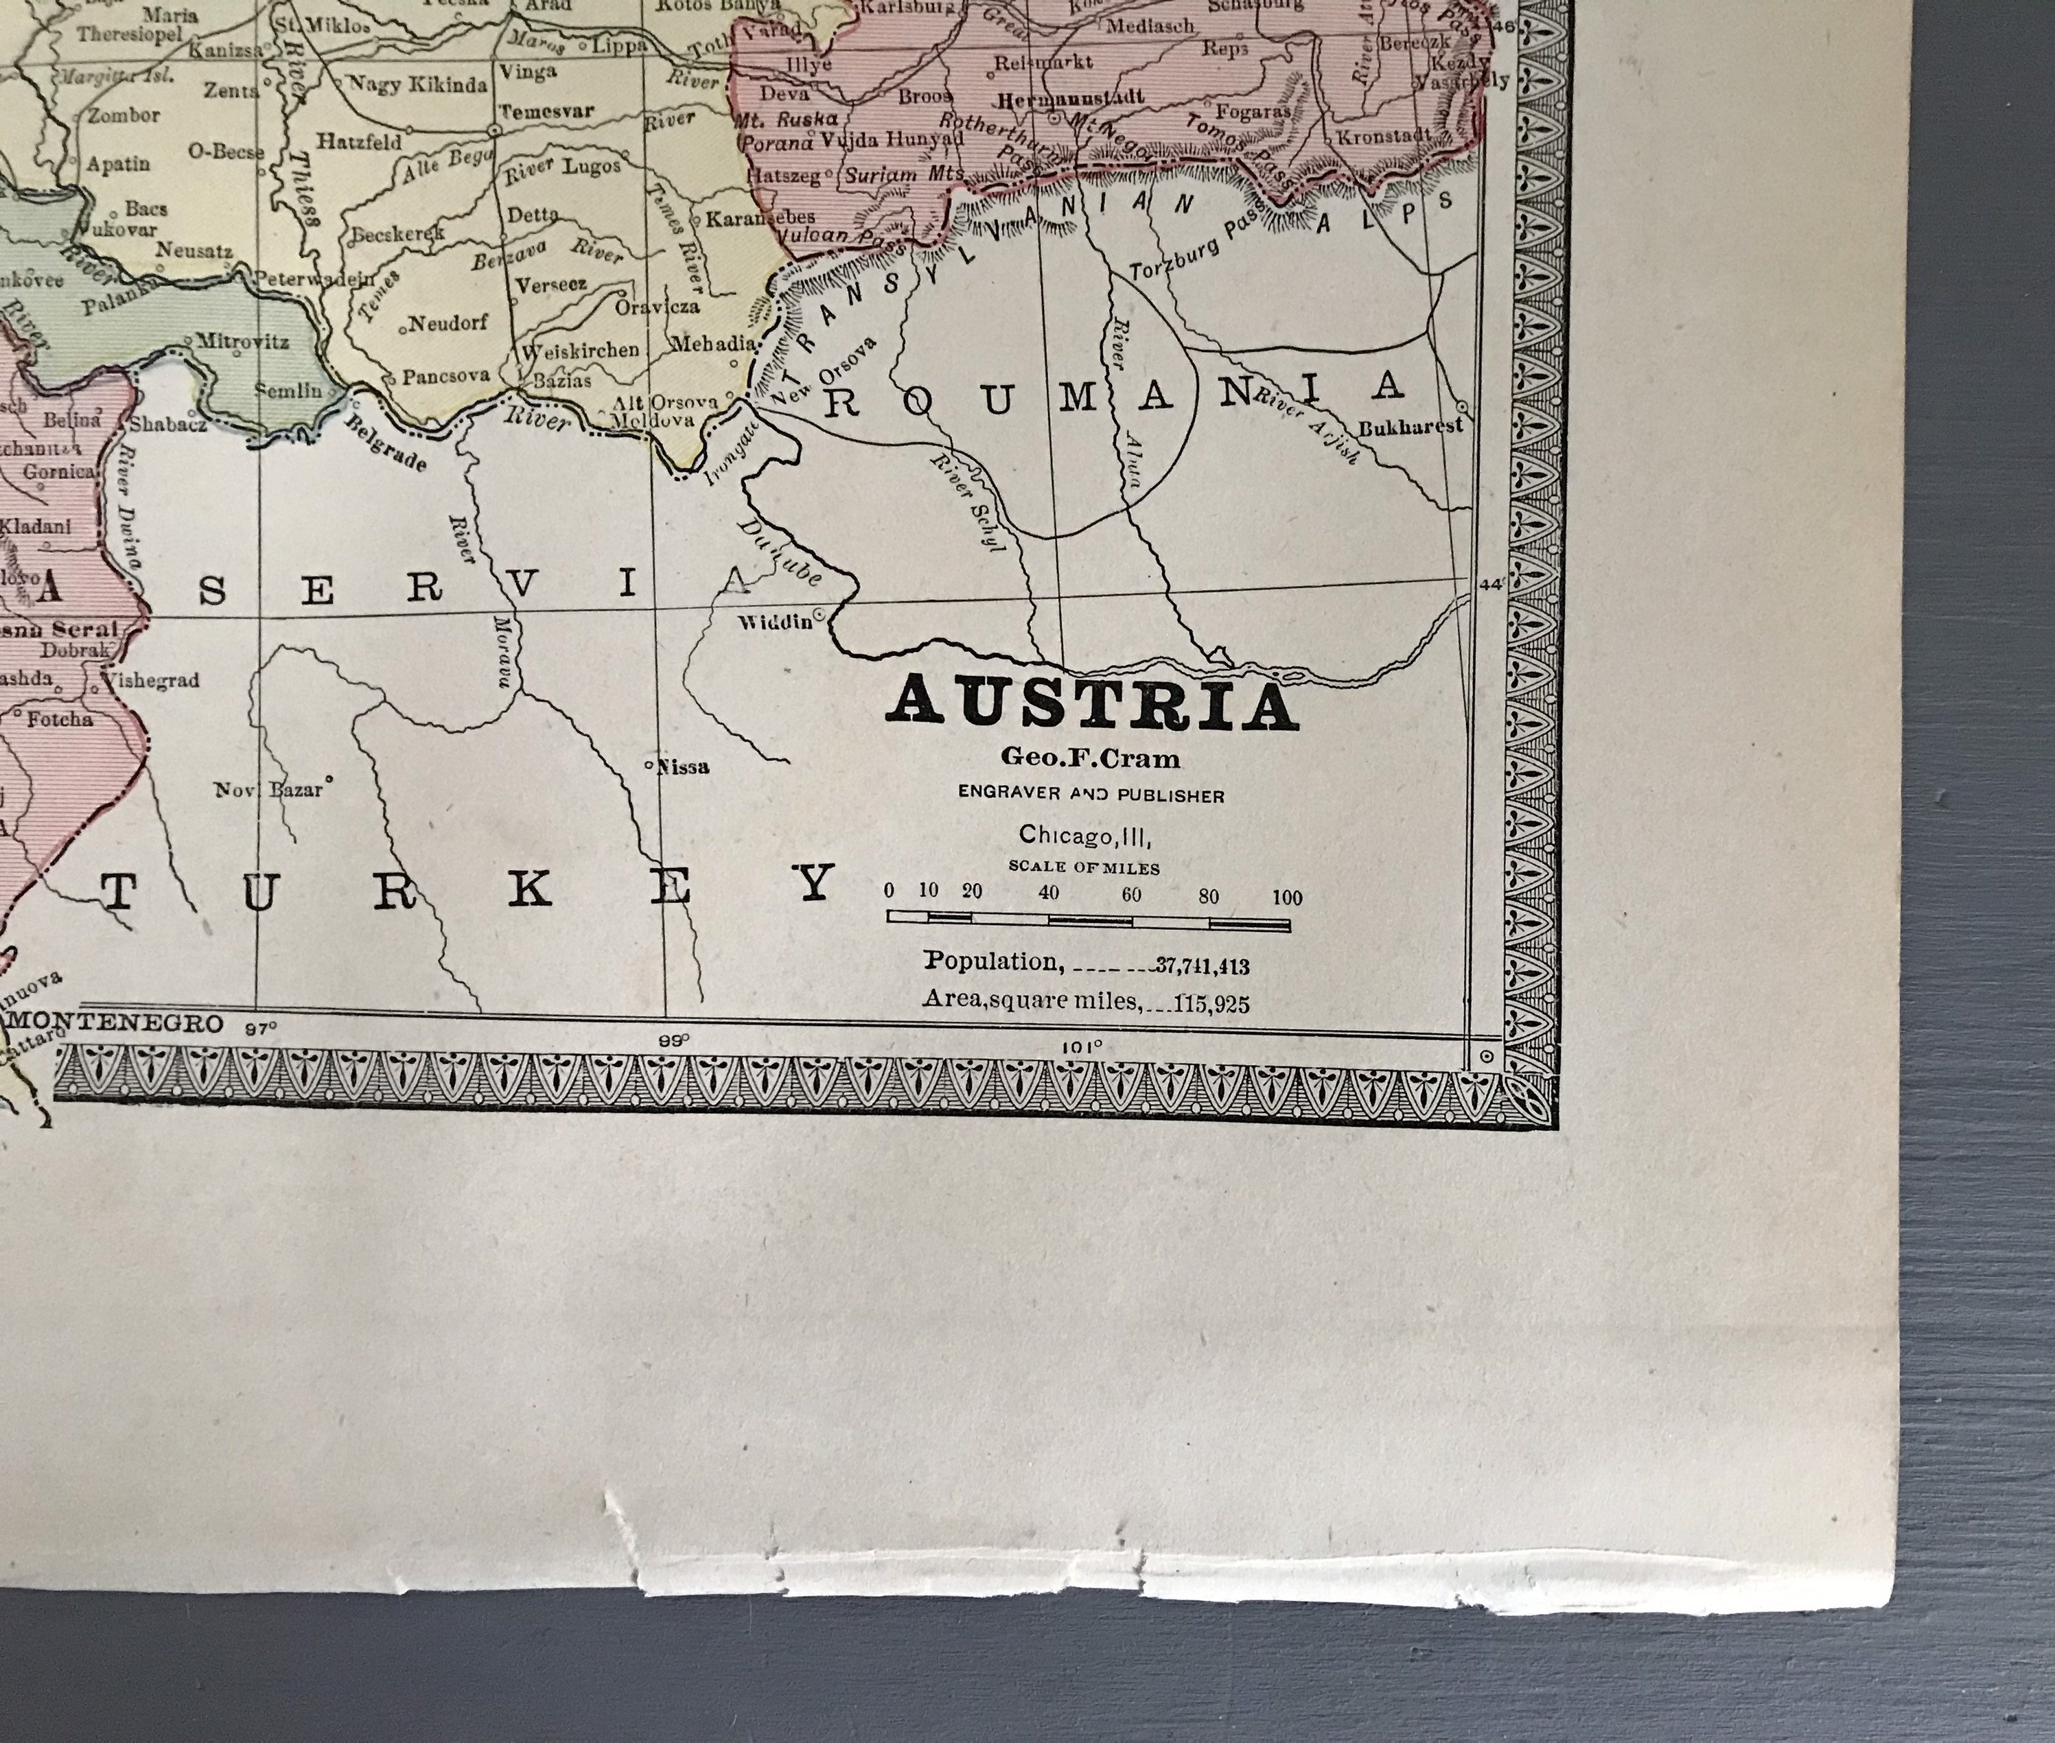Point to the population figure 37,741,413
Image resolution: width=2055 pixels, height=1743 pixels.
pyautogui.click(x=1202, y=966)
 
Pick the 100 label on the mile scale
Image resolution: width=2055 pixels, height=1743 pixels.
pyautogui.click(x=1286, y=897)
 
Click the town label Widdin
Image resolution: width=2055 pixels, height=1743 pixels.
pyautogui.click(x=774, y=622)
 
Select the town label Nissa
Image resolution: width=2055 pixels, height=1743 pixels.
pyautogui.click(x=682, y=767)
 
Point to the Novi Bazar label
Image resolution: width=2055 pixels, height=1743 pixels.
pyautogui.click(x=269, y=789)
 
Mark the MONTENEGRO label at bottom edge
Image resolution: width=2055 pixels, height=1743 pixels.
pyautogui.click(x=115, y=1022)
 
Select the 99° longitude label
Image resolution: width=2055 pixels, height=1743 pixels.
pyautogui.click(x=672, y=1040)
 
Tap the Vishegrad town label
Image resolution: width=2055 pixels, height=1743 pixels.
pyautogui.click(x=150, y=680)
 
